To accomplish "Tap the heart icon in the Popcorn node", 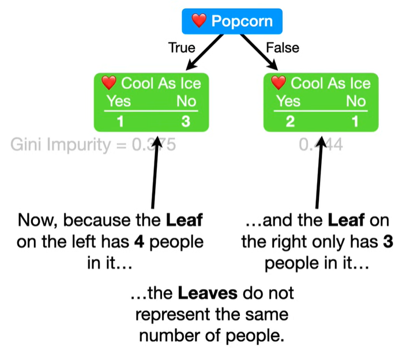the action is pyautogui.click(x=199, y=22).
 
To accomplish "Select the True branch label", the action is pyautogui.click(x=182, y=47).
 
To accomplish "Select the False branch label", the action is pyautogui.click(x=283, y=47).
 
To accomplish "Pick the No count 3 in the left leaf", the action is pyautogui.click(x=185, y=122).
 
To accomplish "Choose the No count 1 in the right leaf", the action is pyautogui.click(x=355, y=122).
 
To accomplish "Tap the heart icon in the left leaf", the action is pyautogui.click(x=110, y=83).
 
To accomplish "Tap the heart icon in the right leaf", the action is pyautogui.click(x=279, y=83).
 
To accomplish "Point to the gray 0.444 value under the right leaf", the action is pyautogui.click(x=322, y=144).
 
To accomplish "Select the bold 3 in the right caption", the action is pyautogui.click(x=388, y=242).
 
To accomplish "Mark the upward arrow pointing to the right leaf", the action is pyautogui.click(x=317, y=173).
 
